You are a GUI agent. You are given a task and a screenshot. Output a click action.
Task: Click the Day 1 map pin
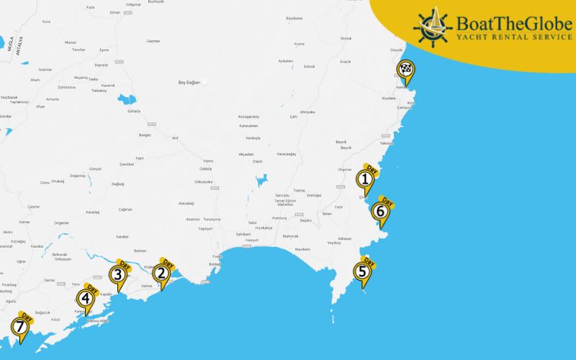point(366,179)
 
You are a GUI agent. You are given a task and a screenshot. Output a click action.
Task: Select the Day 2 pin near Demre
point(162,273)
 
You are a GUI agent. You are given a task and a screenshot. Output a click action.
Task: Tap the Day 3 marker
point(117,274)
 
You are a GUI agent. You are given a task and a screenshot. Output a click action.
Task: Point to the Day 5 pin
point(361,271)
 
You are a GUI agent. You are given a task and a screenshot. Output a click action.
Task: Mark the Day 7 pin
point(19,328)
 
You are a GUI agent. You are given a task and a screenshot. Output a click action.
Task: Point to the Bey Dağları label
point(191,82)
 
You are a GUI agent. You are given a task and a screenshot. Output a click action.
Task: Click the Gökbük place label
point(206,168)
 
